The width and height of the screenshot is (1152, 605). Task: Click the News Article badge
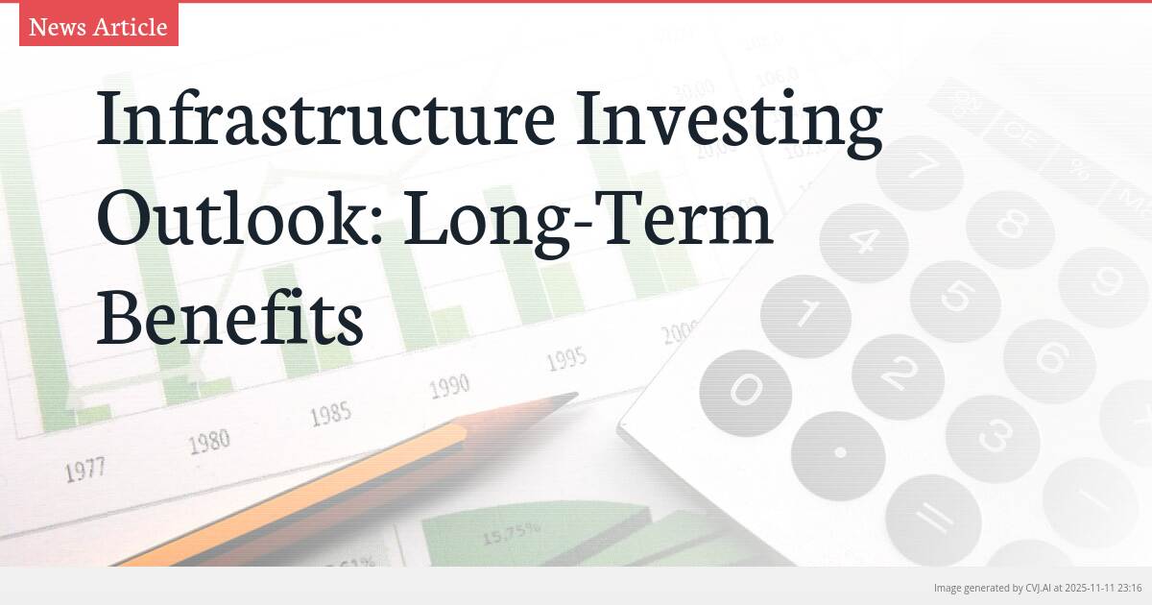(x=98, y=27)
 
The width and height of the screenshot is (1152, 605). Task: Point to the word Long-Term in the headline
(x=588, y=219)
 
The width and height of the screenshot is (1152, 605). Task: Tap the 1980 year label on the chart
(x=208, y=442)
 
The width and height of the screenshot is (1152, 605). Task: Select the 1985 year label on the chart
(x=329, y=415)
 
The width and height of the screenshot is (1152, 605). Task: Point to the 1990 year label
(x=448, y=386)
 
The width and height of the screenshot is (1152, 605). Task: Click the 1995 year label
(x=566, y=360)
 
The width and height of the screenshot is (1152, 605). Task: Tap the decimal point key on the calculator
(x=839, y=452)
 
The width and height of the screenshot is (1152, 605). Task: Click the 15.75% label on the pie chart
(x=511, y=531)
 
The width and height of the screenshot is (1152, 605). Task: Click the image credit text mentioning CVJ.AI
(x=1037, y=587)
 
